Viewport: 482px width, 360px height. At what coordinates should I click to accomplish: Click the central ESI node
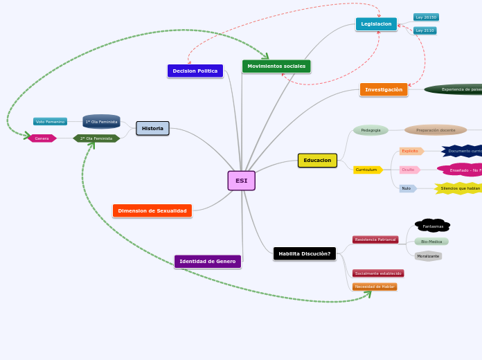(x=241, y=181)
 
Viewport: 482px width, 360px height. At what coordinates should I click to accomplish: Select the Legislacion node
(x=376, y=24)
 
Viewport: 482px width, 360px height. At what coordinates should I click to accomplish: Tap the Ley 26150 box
(x=426, y=17)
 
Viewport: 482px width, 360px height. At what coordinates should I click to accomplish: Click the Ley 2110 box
(x=425, y=30)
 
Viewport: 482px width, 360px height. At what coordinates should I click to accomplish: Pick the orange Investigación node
(x=384, y=89)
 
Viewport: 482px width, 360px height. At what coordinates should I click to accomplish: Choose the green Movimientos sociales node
(x=276, y=66)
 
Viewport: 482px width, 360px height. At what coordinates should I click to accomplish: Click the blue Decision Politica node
(x=195, y=71)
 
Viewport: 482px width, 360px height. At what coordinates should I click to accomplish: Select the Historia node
(x=152, y=128)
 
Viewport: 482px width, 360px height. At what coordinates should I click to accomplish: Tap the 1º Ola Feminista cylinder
(x=101, y=122)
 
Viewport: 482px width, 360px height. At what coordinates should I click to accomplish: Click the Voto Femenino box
(x=50, y=122)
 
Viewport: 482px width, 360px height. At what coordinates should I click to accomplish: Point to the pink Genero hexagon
(x=42, y=138)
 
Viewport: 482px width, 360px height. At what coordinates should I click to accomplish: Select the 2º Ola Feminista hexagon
(x=96, y=138)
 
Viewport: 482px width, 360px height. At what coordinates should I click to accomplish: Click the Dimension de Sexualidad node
(x=152, y=210)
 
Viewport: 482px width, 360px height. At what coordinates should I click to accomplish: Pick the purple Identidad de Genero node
(x=208, y=261)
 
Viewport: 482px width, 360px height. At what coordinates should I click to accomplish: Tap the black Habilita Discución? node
(x=305, y=253)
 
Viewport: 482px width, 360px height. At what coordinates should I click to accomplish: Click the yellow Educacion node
(x=317, y=161)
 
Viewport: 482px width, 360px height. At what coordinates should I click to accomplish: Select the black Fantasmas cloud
(x=433, y=226)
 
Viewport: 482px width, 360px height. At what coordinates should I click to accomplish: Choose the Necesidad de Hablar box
(x=375, y=287)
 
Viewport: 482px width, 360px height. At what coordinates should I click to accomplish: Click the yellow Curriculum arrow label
(x=367, y=170)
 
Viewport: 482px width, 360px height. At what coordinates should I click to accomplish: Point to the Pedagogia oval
(x=371, y=130)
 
